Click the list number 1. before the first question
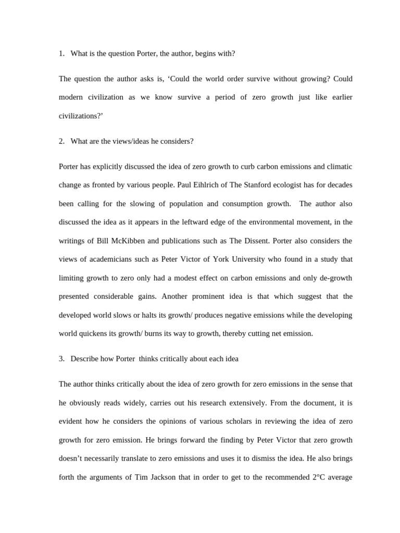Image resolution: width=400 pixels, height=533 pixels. tap(61, 54)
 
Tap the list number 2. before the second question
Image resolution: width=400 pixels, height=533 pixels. tap(61, 142)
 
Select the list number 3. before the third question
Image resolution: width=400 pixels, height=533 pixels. tap(61, 359)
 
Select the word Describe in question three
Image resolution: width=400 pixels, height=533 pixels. tap(85, 359)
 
